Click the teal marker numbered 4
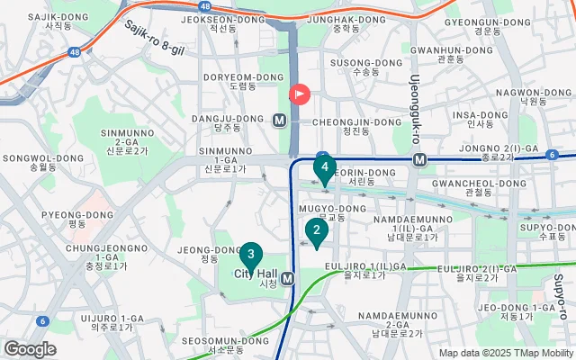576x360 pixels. [x=324, y=167]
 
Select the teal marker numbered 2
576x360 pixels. [x=316, y=231]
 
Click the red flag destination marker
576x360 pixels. [x=299, y=94]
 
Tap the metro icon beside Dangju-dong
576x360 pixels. [x=280, y=120]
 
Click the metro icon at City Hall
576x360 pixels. [x=287, y=278]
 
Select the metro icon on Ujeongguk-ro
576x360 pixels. [x=419, y=160]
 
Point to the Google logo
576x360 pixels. [x=30, y=349]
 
